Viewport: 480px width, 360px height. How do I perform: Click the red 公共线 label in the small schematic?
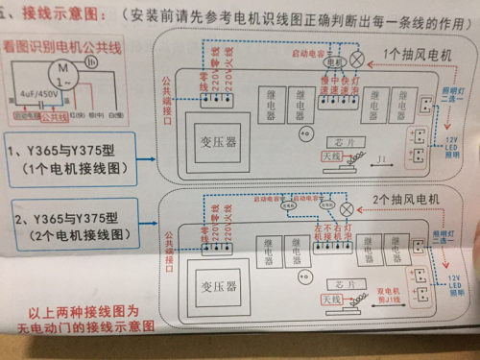(54, 116)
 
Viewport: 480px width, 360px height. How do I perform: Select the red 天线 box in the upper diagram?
(329, 154)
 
